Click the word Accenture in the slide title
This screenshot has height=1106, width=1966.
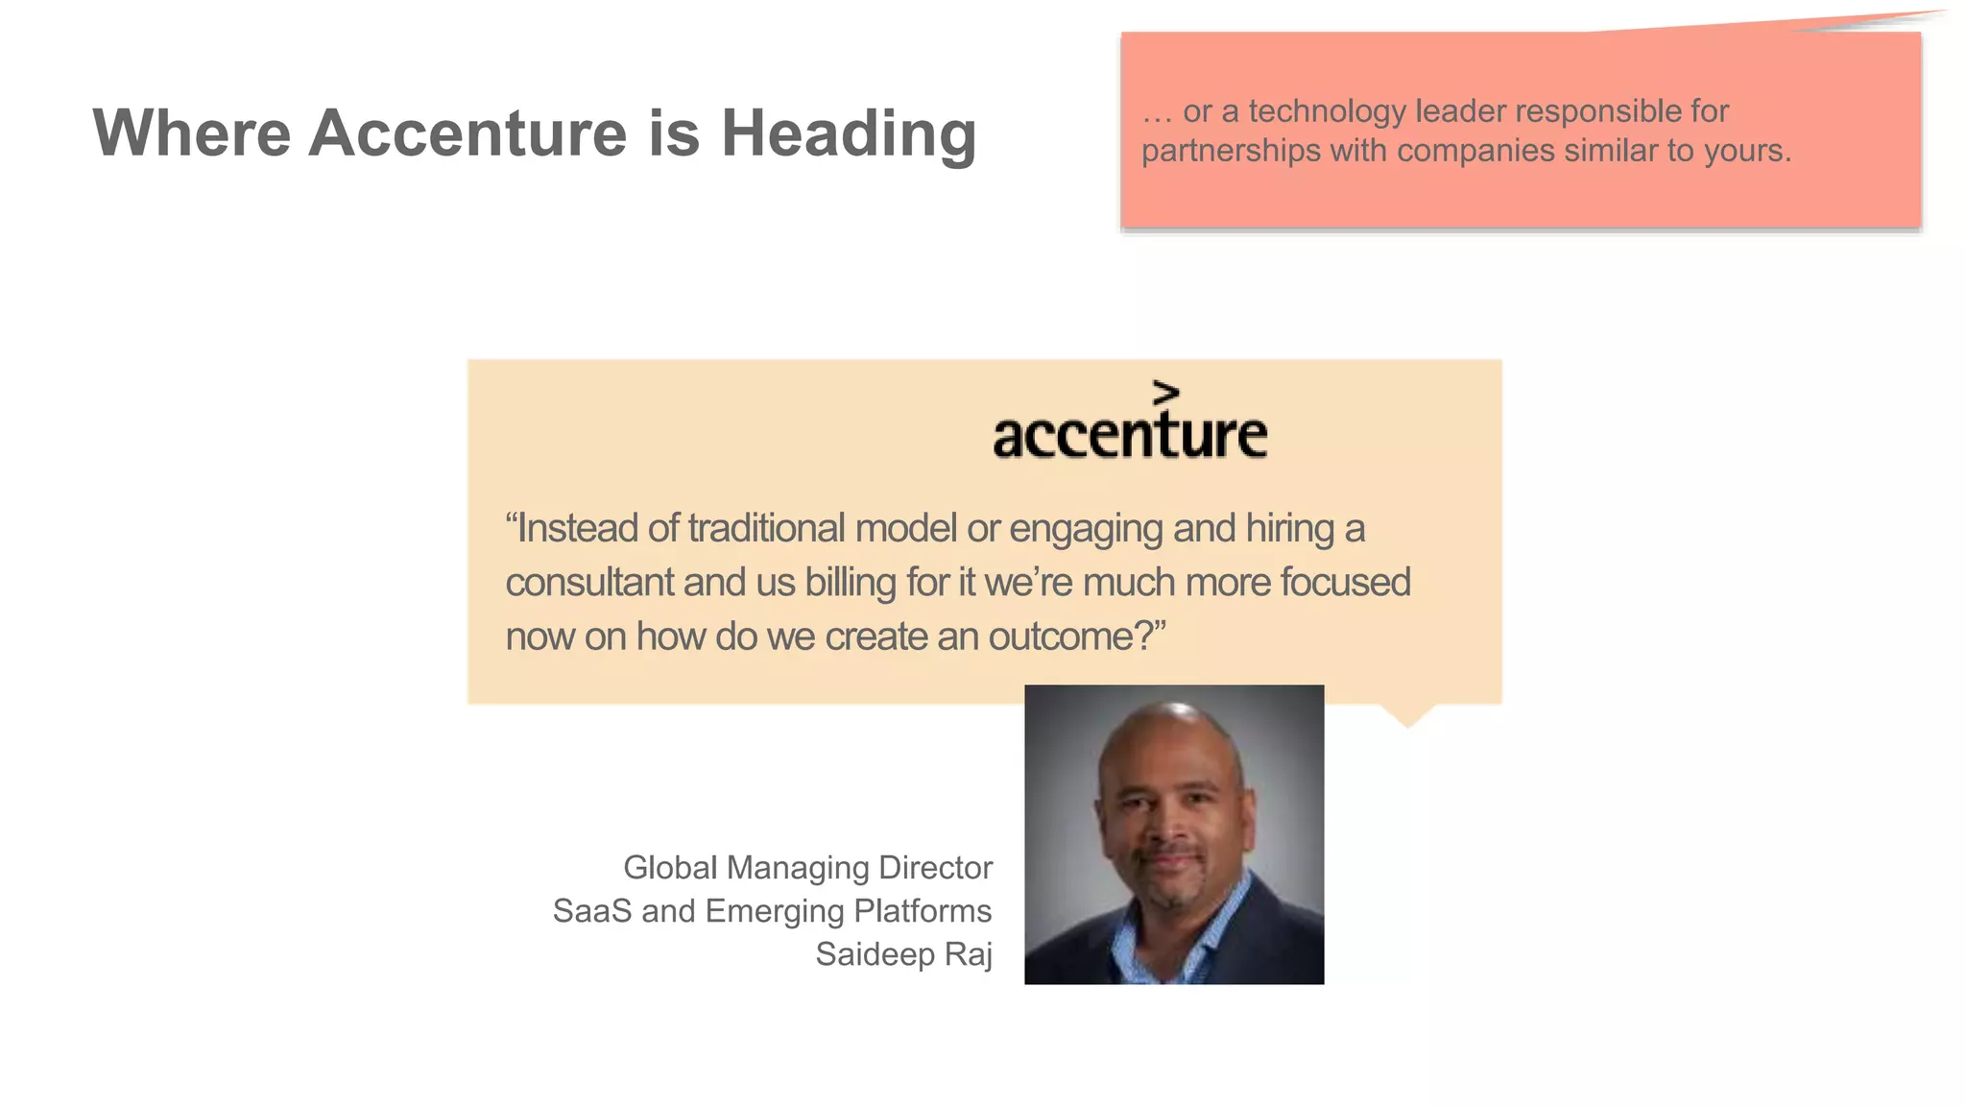[x=468, y=132]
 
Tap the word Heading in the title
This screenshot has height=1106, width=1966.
[x=849, y=132]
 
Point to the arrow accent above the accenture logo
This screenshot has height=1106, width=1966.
[x=1165, y=393]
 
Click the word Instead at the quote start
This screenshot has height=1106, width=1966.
[x=577, y=528]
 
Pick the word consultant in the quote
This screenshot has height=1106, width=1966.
[x=589, y=582]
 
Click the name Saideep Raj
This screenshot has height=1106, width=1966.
[x=903, y=954]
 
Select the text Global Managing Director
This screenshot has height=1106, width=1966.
[x=807, y=868]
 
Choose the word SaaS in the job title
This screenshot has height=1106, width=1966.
[x=591, y=911]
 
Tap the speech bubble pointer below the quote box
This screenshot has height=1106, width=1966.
[x=1407, y=715]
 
